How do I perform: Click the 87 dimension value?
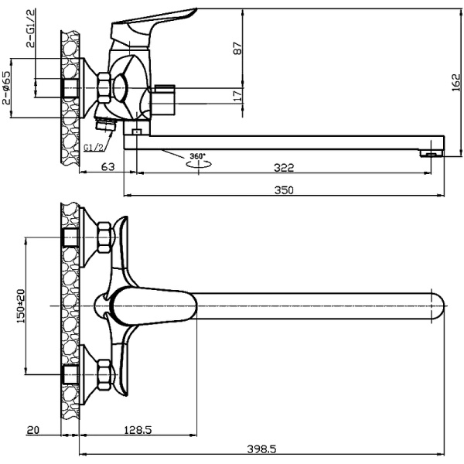click(x=238, y=48)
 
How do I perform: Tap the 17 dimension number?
click(x=238, y=94)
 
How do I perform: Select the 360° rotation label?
click(x=199, y=156)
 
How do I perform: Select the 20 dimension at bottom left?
click(x=32, y=430)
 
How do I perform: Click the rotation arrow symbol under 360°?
click(x=199, y=165)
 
